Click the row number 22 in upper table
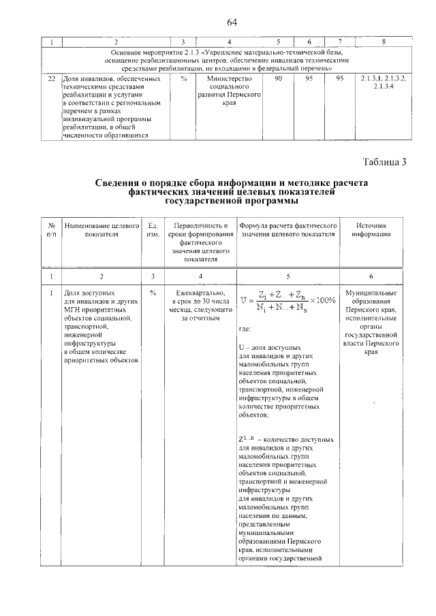(50, 79)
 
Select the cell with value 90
(278, 79)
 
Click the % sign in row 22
(184, 79)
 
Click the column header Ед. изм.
(153, 229)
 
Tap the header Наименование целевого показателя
(102, 229)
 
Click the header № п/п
(51, 229)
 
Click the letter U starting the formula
(244, 300)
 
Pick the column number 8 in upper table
(384, 42)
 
